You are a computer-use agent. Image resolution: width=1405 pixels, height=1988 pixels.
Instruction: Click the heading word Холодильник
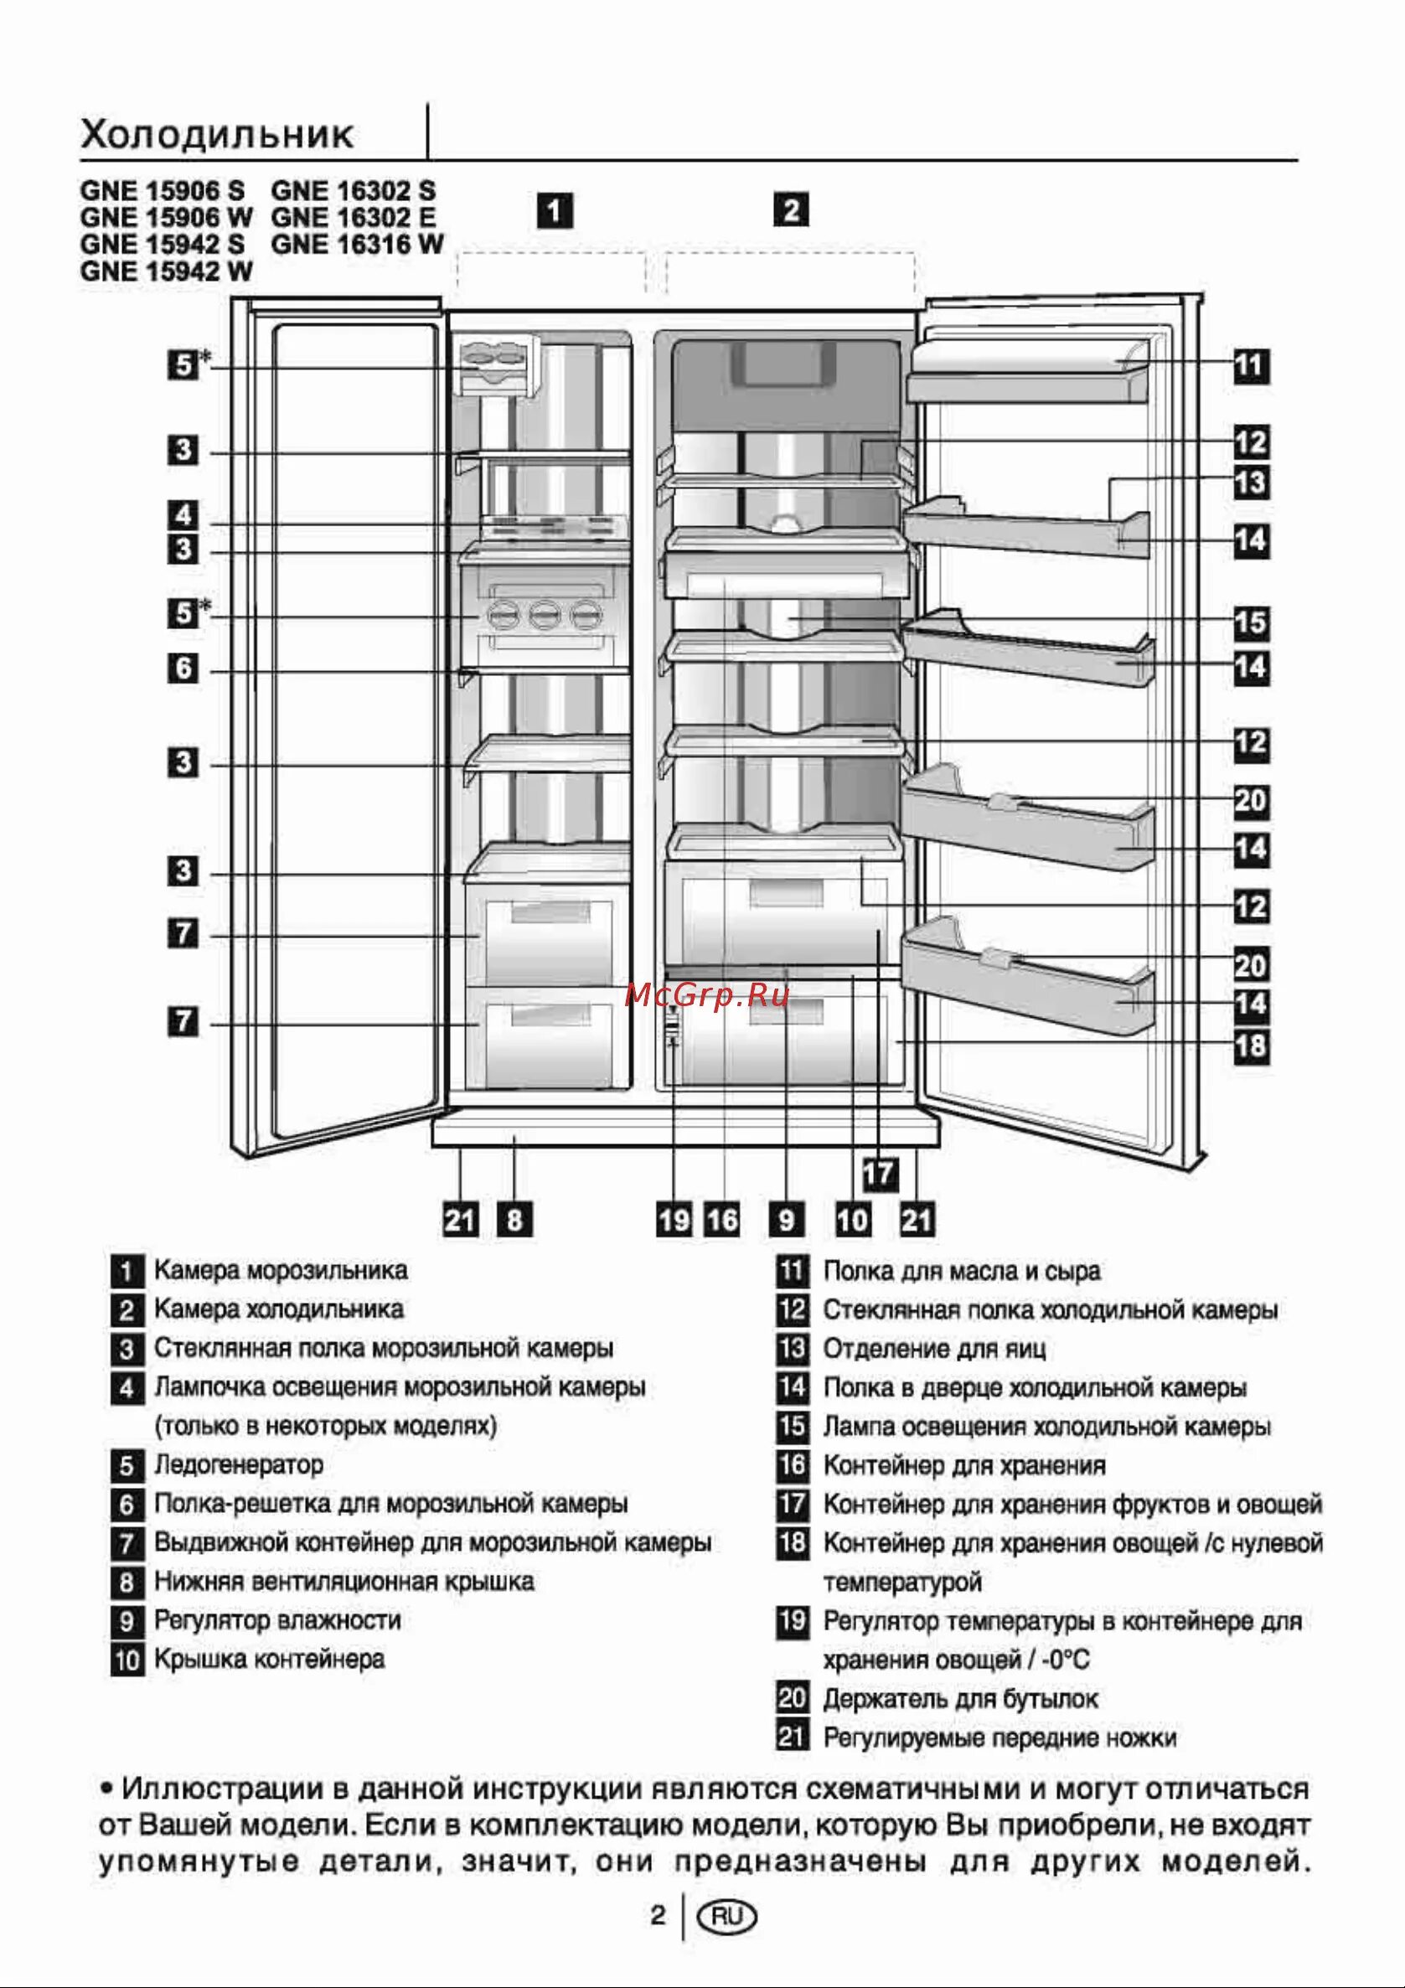pyautogui.click(x=216, y=135)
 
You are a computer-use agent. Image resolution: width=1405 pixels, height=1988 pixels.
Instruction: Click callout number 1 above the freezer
pyautogui.click(x=555, y=210)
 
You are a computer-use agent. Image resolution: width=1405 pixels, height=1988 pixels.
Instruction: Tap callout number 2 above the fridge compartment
pyautogui.click(x=791, y=210)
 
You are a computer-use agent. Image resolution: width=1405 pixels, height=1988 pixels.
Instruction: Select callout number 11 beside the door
pyautogui.click(x=1251, y=365)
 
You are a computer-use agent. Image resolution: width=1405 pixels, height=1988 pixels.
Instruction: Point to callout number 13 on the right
pyautogui.click(x=1251, y=483)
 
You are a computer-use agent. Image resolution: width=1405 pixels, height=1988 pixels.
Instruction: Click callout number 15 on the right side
pyautogui.click(x=1251, y=622)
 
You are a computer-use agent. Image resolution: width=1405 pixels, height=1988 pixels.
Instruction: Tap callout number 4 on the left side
pyautogui.click(x=183, y=516)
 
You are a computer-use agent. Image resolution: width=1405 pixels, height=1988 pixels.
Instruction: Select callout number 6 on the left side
pyautogui.click(x=183, y=669)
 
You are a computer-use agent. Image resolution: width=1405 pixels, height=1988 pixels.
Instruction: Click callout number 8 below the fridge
pyautogui.click(x=515, y=1220)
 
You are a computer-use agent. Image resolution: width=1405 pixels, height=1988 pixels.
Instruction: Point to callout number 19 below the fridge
pyautogui.click(x=674, y=1220)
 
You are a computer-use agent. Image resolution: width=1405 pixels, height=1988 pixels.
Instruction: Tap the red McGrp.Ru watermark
pyautogui.click(x=706, y=996)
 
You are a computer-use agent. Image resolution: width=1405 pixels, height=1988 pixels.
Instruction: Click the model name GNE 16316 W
pyautogui.click(x=357, y=245)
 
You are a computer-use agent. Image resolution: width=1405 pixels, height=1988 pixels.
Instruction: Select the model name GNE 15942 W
pyautogui.click(x=166, y=272)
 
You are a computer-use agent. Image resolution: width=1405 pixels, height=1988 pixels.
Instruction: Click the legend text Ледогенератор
pyautogui.click(x=239, y=1464)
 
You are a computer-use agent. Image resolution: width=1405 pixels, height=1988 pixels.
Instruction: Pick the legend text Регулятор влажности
pyautogui.click(x=277, y=1619)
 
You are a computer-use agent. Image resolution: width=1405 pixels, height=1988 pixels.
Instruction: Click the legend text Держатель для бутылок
pyautogui.click(x=960, y=1699)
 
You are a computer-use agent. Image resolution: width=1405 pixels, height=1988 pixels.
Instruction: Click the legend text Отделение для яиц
pyautogui.click(x=934, y=1348)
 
